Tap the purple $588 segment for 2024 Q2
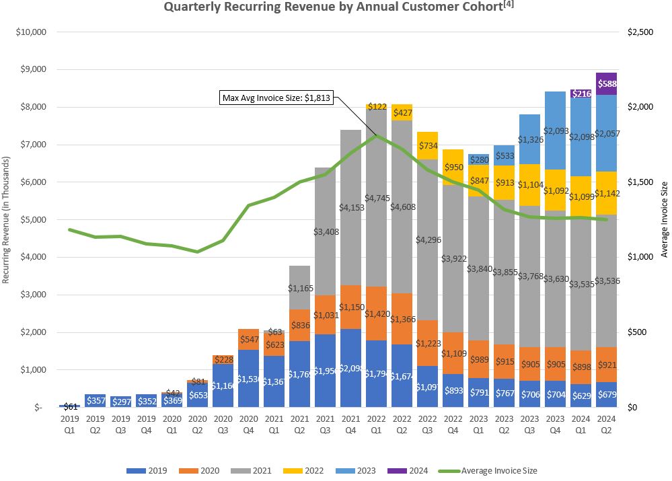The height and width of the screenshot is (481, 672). (x=607, y=84)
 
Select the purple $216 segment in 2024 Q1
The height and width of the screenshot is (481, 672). (x=581, y=94)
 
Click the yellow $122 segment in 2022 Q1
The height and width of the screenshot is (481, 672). (x=377, y=106)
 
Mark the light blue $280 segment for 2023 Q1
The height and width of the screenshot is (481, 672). (x=479, y=159)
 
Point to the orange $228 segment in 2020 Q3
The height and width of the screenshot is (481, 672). (x=223, y=359)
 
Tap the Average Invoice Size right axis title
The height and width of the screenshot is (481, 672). (x=664, y=220)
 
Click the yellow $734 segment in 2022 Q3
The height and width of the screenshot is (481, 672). (x=428, y=145)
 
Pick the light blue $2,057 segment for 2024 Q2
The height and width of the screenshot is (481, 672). (x=607, y=133)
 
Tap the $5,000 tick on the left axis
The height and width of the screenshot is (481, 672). (x=30, y=219)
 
